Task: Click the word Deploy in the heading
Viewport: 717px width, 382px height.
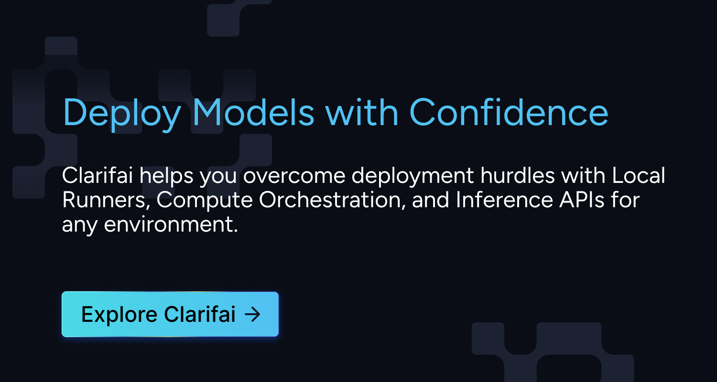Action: tap(122, 113)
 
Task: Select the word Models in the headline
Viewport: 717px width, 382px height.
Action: tap(253, 113)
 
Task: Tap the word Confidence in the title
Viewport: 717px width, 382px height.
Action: tap(509, 113)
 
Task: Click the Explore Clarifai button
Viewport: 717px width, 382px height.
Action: tap(170, 314)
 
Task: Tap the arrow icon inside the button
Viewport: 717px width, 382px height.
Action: tap(252, 314)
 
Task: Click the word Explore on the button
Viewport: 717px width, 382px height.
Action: tap(119, 314)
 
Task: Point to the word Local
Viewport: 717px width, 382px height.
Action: tap(639, 176)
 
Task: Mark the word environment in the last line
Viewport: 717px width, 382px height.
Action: tap(171, 224)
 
